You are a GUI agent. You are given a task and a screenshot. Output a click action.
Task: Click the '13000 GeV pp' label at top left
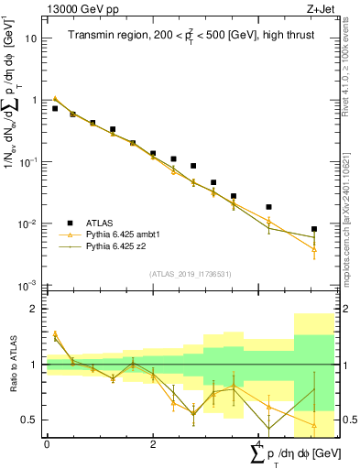click(x=81, y=10)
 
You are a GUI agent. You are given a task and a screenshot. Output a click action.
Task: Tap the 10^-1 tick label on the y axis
click(x=28, y=162)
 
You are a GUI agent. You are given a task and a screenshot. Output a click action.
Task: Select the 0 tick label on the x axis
click(x=47, y=444)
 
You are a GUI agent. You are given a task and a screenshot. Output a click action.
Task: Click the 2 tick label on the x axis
click(x=153, y=444)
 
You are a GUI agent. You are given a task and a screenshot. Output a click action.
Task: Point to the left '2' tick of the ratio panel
click(x=33, y=309)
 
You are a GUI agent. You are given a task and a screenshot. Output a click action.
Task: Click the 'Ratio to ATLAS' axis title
click(x=12, y=365)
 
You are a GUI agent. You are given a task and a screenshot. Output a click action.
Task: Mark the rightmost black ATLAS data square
click(x=314, y=229)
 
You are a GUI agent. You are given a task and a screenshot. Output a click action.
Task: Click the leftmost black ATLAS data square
click(x=55, y=108)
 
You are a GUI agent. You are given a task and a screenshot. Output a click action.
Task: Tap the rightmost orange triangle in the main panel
click(x=314, y=249)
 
